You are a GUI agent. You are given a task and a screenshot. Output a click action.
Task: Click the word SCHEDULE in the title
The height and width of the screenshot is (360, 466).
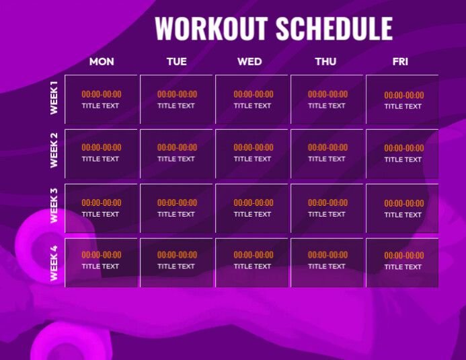[334, 29]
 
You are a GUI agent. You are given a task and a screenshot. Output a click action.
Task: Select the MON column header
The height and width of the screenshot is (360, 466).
[102, 62]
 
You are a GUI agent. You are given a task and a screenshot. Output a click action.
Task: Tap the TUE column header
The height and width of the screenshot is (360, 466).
[177, 62]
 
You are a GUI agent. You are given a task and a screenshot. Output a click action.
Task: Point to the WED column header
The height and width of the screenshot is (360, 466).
[249, 62]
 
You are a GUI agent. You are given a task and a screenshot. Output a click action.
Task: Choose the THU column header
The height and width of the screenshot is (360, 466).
[325, 62]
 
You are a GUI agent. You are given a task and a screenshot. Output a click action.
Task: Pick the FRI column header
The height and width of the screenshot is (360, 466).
[400, 62]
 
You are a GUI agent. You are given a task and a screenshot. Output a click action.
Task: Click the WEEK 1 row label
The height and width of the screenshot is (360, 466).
[54, 99]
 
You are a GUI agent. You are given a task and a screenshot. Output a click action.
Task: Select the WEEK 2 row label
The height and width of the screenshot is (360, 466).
[54, 151]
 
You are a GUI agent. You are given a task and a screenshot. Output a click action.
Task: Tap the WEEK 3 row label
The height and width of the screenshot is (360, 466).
[54, 206]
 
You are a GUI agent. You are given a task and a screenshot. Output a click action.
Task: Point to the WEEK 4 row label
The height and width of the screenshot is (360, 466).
[54, 263]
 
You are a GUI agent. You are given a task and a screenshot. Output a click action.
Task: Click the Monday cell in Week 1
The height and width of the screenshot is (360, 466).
[102, 100]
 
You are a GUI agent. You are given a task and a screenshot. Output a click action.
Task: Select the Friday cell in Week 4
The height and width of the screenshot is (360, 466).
[402, 262]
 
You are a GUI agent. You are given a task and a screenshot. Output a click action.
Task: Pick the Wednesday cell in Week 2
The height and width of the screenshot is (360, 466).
[252, 153]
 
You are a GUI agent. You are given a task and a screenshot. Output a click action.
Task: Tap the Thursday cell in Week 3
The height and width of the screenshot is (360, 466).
[327, 209]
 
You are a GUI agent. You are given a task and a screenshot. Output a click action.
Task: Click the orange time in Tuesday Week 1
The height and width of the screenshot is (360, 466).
[177, 95]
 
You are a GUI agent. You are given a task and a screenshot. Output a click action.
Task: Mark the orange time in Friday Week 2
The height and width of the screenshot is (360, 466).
[403, 148]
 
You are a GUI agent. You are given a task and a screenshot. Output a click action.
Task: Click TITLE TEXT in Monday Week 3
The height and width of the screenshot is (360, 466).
[101, 215]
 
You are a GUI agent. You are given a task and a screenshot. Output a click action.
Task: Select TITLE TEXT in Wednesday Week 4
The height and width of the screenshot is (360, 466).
[253, 266]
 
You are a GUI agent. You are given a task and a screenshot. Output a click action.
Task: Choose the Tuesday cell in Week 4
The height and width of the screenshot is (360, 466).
[177, 262]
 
